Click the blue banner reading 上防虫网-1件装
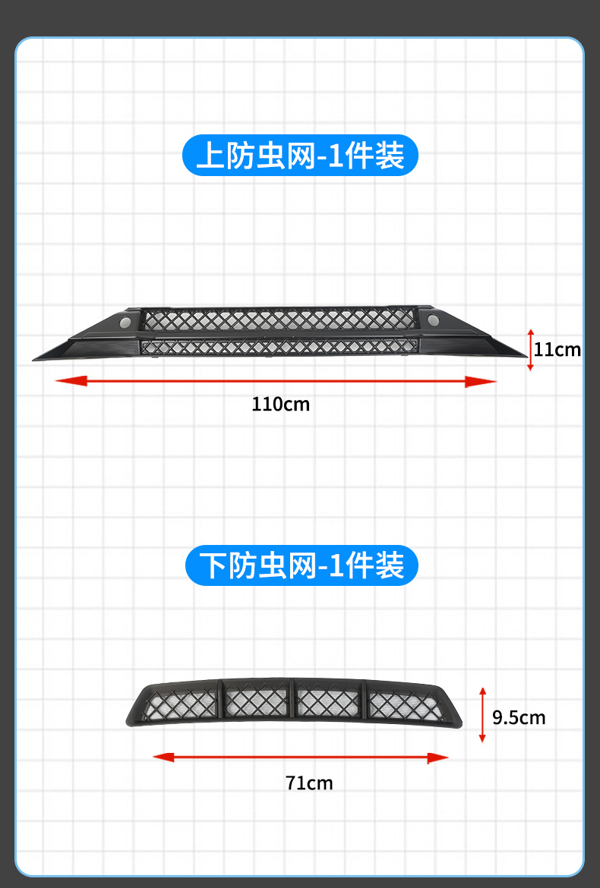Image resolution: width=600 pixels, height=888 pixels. click(x=300, y=156)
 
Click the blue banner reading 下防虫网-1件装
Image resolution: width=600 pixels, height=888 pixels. click(x=302, y=565)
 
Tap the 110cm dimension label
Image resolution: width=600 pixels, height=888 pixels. click(x=281, y=404)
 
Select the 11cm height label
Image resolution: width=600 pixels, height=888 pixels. click(x=557, y=349)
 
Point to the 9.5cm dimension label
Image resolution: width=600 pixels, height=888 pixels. click(x=519, y=717)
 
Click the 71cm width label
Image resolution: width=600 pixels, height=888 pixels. click(x=309, y=783)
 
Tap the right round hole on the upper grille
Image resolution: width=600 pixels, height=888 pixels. click(x=434, y=319)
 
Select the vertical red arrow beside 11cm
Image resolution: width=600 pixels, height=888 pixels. click(x=531, y=350)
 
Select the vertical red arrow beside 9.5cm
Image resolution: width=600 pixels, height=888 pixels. click(x=482, y=714)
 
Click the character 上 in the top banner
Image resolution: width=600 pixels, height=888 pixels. click(x=209, y=156)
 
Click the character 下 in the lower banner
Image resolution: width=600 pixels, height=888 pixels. click(x=212, y=566)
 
